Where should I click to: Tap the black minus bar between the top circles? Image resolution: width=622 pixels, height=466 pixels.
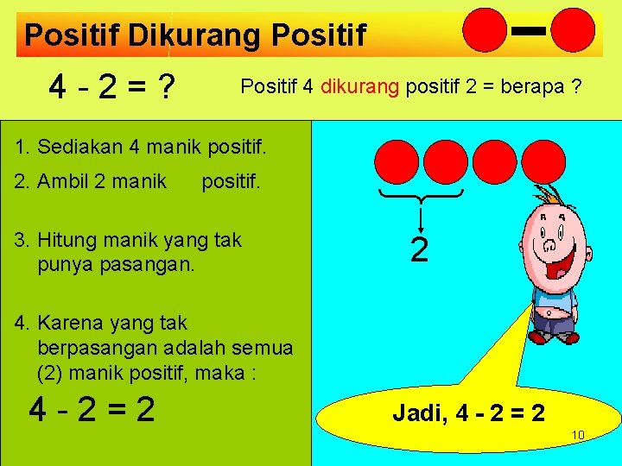pyautogui.click(x=527, y=31)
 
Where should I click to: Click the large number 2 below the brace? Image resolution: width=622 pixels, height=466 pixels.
pyautogui.click(x=420, y=250)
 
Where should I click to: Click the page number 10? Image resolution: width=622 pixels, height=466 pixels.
pyautogui.click(x=579, y=435)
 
